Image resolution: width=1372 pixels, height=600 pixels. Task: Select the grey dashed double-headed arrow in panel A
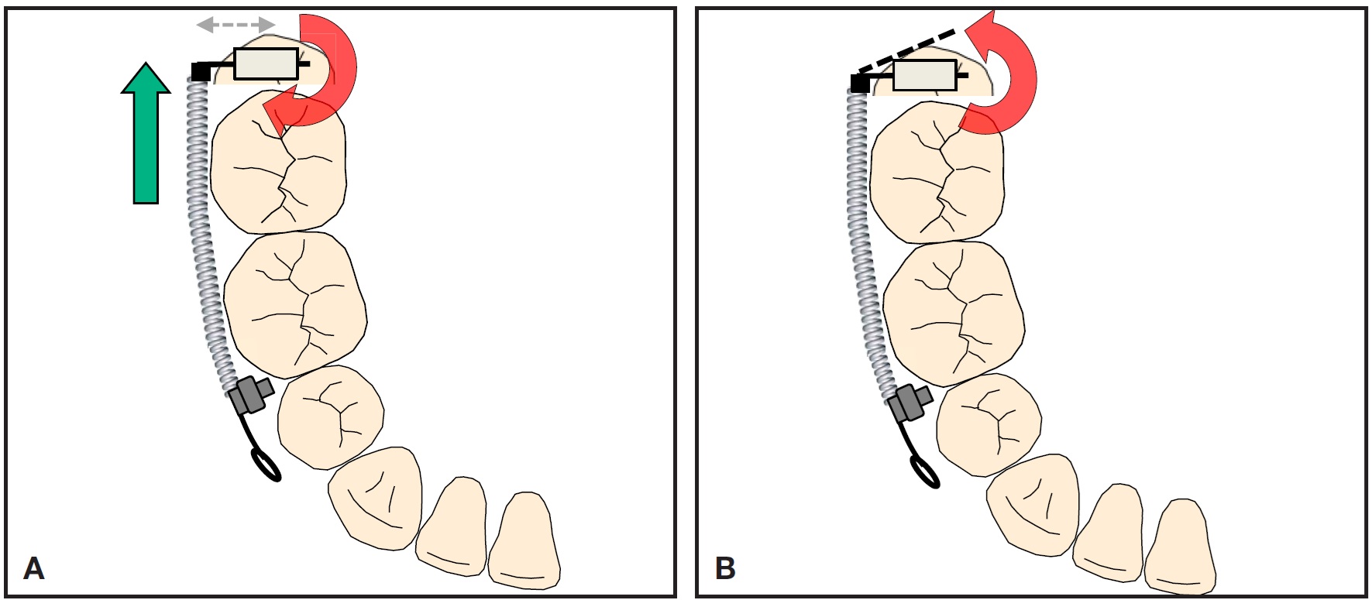click(236, 25)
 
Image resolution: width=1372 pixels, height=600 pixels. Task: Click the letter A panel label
click(34, 568)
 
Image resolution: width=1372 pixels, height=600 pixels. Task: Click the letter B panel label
click(724, 568)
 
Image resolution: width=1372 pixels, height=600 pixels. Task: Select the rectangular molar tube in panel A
click(266, 63)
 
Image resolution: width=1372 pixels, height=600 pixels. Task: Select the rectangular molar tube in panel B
click(924, 75)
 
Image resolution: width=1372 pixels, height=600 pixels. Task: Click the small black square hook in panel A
click(200, 72)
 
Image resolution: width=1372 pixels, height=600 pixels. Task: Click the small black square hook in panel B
click(860, 84)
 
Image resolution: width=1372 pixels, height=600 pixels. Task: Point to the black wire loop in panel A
click(266, 465)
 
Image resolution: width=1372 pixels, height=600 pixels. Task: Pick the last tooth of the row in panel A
click(523, 542)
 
